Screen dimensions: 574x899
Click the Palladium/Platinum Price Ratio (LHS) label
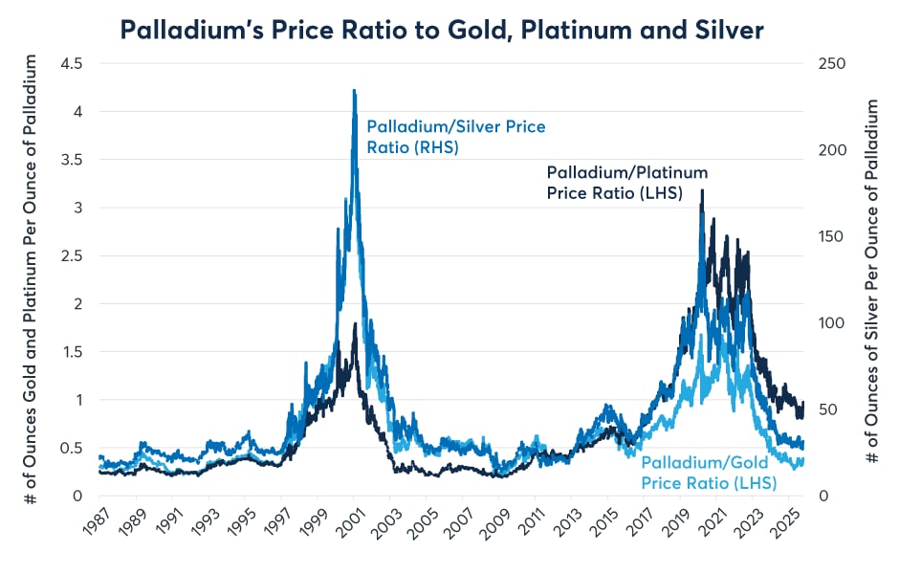[626, 182]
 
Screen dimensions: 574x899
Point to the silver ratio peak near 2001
[355, 92]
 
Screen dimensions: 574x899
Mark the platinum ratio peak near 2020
[703, 190]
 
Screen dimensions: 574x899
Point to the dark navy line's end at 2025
[803, 404]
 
